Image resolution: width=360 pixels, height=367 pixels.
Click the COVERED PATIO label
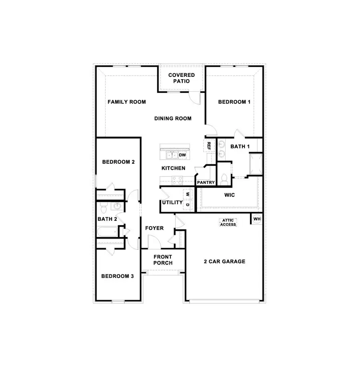click(181, 78)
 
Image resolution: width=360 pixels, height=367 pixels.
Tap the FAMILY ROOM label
click(126, 102)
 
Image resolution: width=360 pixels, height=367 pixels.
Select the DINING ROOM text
click(173, 118)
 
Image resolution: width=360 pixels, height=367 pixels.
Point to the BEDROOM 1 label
click(234, 102)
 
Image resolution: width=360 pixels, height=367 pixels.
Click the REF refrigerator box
click(209, 146)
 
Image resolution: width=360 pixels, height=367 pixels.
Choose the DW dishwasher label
click(182, 155)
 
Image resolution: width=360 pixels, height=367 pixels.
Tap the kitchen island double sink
click(172, 155)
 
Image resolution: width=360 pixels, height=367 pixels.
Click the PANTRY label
click(206, 182)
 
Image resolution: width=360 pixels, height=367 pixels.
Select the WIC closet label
click(229, 195)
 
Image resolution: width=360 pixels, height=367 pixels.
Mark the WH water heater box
click(257, 219)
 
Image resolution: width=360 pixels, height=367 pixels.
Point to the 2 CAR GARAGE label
click(224, 262)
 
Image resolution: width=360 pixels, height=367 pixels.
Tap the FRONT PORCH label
click(163, 260)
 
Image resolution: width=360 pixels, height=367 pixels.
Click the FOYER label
click(154, 228)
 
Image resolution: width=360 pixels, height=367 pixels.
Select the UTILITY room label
click(172, 203)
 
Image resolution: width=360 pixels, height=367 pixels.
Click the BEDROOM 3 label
click(117, 276)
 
